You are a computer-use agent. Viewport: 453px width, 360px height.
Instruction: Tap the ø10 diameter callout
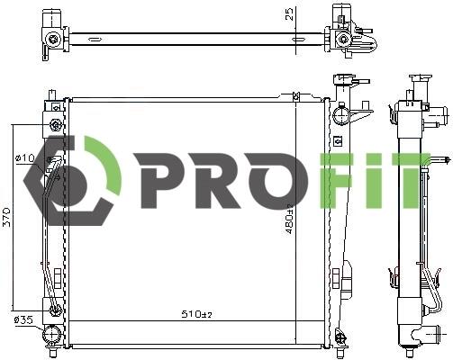[24, 157]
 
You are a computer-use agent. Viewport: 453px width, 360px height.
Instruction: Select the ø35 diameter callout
[23, 320]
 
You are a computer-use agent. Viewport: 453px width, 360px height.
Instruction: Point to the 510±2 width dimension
[196, 314]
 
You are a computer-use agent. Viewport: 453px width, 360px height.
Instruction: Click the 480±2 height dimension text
[289, 219]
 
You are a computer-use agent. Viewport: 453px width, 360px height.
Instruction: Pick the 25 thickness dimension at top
[288, 14]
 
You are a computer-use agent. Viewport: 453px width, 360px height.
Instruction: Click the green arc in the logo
[104, 165]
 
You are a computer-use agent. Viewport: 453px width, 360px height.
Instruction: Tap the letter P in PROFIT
[159, 181]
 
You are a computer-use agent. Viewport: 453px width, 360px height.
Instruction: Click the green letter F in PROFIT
[336, 181]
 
